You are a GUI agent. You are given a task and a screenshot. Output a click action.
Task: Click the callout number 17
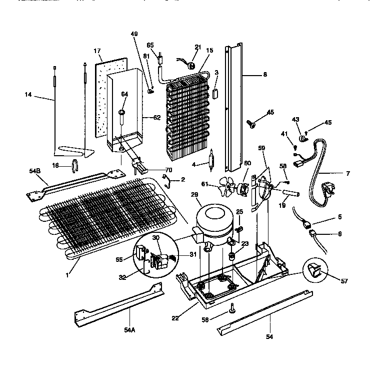(x=97, y=51)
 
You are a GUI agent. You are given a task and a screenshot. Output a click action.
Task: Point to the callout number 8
(x=265, y=75)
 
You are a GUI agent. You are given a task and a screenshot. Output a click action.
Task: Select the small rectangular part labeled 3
(x=216, y=93)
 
